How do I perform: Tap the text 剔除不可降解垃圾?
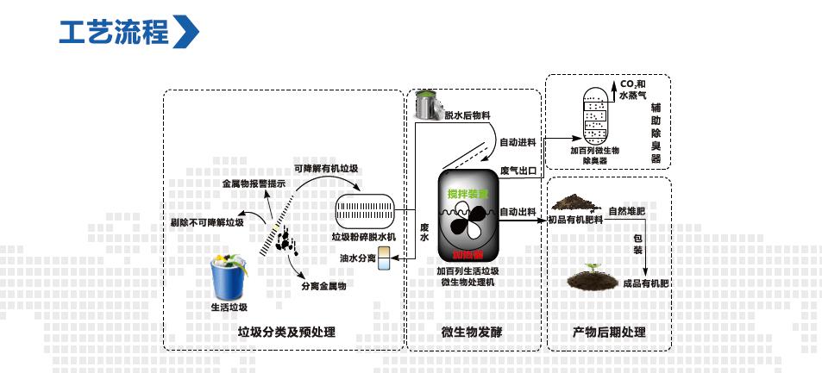point(207,224)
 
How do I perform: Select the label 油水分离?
point(356,258)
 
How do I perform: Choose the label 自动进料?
point(519,141)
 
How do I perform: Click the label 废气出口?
point(519,170)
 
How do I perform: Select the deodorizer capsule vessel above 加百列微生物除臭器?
point(595,114)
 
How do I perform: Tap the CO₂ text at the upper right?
point(627,84)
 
